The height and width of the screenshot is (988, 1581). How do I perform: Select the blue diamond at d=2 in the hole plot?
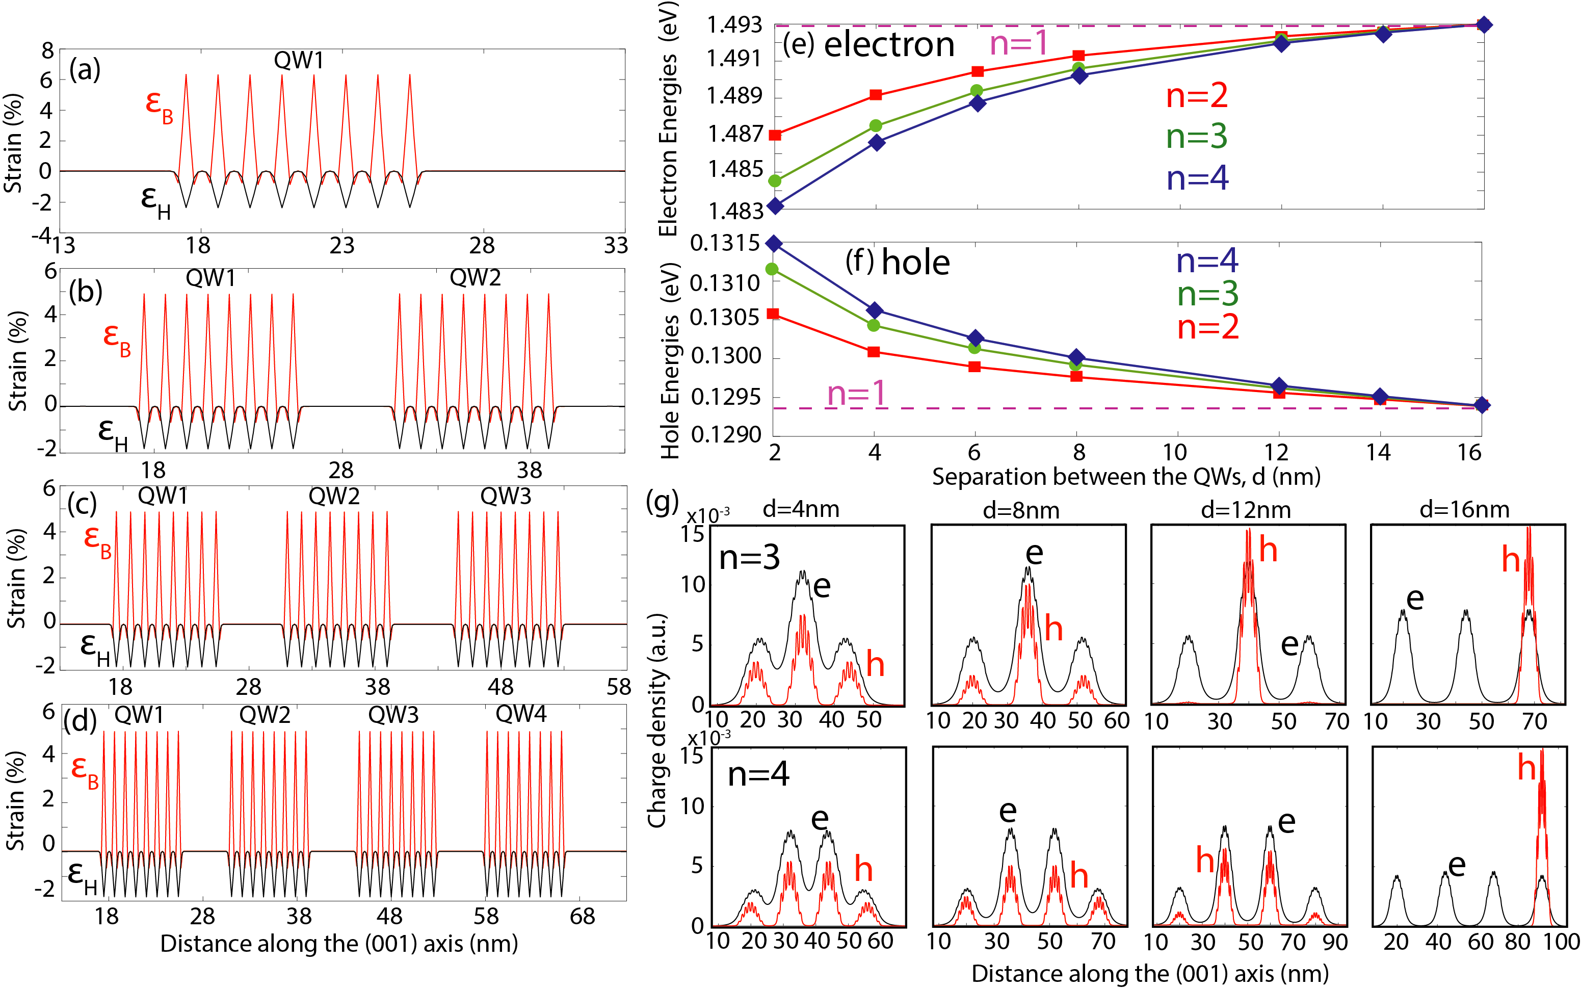click(774, 244)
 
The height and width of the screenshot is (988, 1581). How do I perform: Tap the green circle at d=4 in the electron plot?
click(876, 125)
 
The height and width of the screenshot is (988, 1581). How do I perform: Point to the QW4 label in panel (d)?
click(521, 714)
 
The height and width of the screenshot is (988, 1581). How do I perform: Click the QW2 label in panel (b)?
click(475, 278)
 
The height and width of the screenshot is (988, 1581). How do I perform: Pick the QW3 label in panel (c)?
click(506, 496)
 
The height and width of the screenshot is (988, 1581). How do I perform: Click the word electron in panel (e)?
click(889, 45)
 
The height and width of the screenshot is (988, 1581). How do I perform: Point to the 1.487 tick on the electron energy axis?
click(735, 134)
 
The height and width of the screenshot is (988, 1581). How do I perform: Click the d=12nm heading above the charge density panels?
click(1246, 510)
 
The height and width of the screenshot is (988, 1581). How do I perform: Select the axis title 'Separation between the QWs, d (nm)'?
click(1126, 477)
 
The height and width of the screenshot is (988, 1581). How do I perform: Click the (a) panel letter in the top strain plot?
click(85, 69)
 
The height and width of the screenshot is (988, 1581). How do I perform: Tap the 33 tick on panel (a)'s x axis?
click(615, 246)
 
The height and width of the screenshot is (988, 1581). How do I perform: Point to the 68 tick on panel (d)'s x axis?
click(582, 917)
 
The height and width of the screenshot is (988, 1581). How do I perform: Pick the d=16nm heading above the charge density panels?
click(1464, 510)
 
